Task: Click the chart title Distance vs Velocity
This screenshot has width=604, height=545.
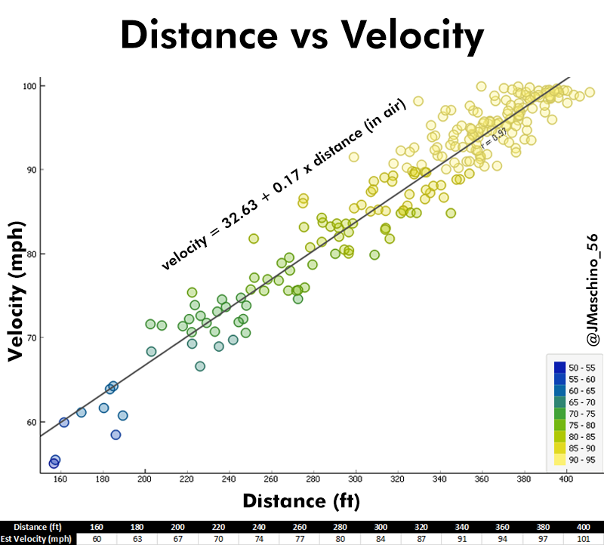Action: pyautogui.click(x=302, y=35)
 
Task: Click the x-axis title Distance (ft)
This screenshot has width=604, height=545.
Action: pyautogui.click(x=301, y=500)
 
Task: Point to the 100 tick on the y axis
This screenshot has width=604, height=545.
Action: pyautogui.click(x=28, y=86)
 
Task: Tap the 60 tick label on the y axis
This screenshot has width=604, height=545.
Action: pyautogui.click(x=30, y=422)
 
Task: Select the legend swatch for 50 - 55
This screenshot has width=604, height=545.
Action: pyautogui.click(x=559, y=368)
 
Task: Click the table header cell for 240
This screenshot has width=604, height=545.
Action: pyautogui.click(x=258, y=527)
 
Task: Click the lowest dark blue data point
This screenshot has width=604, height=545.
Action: pyautogui.click(x=54, y=463)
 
